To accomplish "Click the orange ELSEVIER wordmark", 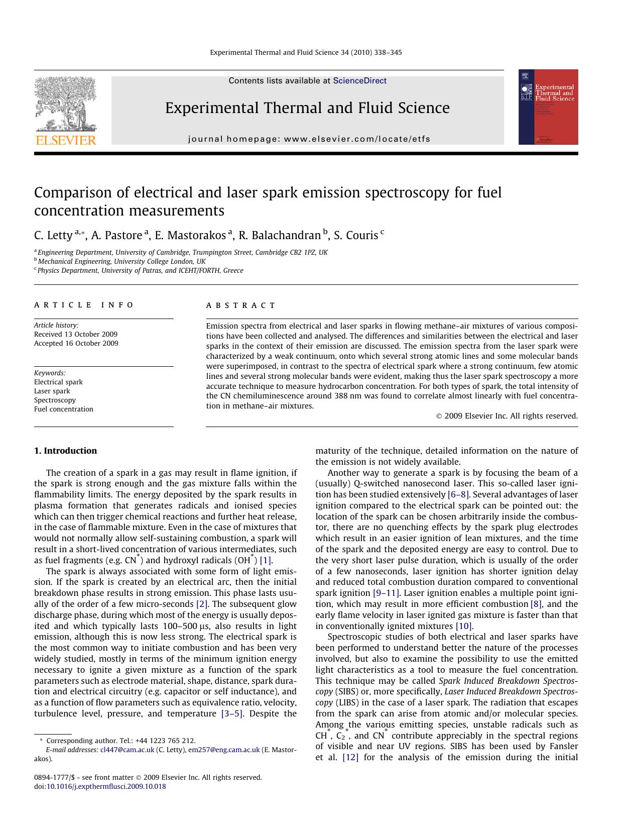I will click(x=65, y=140).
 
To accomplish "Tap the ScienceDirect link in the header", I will click(x=359, y=81).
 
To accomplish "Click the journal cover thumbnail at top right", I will click(x=548, y=107).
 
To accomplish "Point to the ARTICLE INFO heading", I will click(x=84, y=305).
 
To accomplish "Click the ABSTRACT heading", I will click(x=241, y=305).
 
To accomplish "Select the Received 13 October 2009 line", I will click(x=76, y=334).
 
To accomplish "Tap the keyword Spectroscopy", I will click(x=55, y=400).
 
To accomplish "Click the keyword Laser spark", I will click(x=52, y=391).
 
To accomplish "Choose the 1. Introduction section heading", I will click(x=65, y=451).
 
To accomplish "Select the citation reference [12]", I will click(x=350, y=757).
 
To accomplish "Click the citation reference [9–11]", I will click(x=386, y=593).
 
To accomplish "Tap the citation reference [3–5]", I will click(x=232, y=713).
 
